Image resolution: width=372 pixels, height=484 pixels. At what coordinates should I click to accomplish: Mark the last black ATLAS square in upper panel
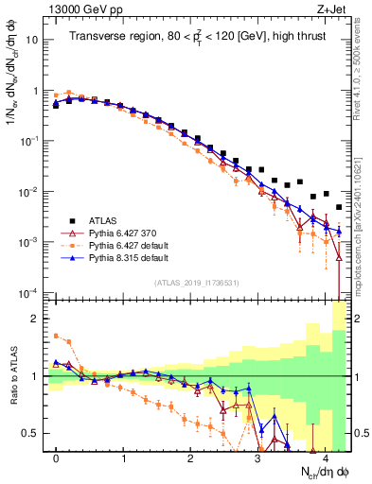click(339, 207)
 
